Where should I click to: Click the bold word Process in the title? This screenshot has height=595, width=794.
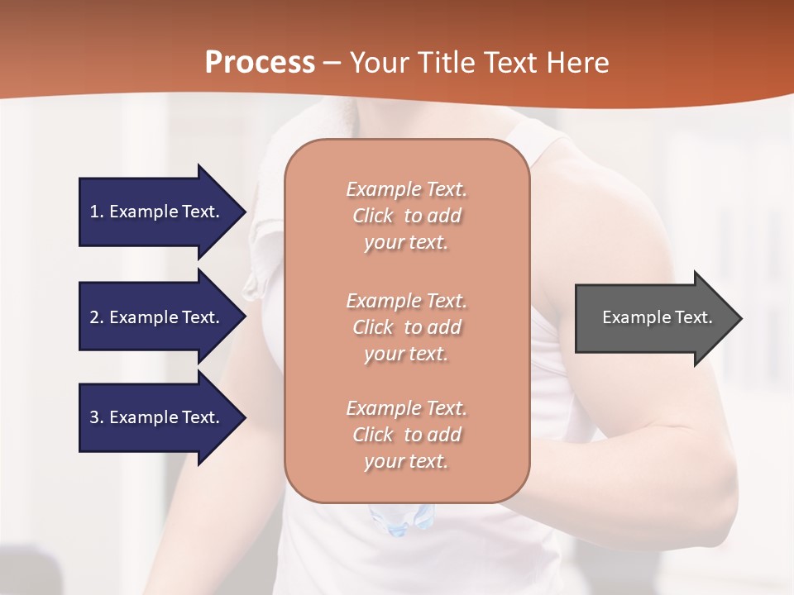[260, 63]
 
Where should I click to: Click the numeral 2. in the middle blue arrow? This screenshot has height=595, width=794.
[97, 317]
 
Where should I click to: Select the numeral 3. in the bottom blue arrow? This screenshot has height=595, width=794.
[97, 417]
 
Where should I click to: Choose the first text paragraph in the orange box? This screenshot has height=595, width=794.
[406, 216]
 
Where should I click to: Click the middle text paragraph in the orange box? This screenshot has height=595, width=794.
[406, 327]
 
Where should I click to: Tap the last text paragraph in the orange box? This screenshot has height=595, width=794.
[406, 435]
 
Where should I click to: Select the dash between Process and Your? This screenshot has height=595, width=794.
[332, 64]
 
